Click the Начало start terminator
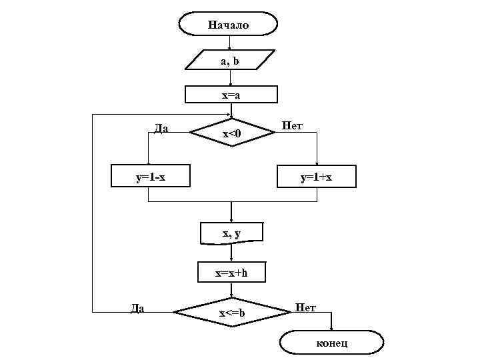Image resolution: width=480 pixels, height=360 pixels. click(228, 25)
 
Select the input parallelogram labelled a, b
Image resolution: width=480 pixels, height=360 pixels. click(230, 61)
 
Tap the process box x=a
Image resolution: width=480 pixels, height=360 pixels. click(231, 95)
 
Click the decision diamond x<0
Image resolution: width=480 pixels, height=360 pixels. click(232, 134)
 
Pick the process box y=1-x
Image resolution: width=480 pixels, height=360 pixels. click(150, 177)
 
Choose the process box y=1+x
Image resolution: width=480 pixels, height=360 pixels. click(317, 177)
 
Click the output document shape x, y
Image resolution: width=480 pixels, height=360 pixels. click(231, 233)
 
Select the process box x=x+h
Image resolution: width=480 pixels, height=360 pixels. click(231, 273)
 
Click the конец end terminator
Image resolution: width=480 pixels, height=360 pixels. click(331, 343)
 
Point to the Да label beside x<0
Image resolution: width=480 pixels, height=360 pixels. click(161, 129)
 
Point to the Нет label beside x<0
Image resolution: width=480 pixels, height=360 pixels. click(292, 125)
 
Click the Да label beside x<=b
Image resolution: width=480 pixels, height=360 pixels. click(137, 308)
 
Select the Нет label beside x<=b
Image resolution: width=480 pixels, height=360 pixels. click(305, 308)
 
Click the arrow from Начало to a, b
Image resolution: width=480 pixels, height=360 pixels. click(230, 43)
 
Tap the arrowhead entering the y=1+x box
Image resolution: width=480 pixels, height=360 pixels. click(317, 164)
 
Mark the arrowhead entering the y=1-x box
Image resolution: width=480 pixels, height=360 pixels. click(149, 164)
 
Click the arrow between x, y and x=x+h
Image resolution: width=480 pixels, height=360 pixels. click(231, 253)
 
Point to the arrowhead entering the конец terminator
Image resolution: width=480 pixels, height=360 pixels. click(331, 328)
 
